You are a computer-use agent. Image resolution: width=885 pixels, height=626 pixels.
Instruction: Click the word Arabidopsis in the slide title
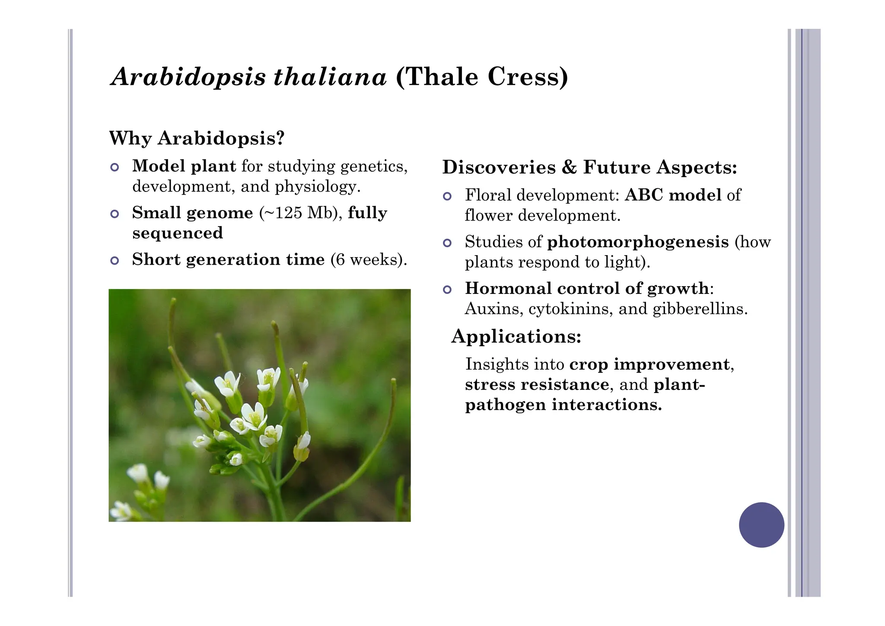coord(188,77)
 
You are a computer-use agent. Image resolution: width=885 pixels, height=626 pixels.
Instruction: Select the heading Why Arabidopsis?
coord(197,138)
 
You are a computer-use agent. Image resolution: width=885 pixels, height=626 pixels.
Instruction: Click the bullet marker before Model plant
coord(115,167)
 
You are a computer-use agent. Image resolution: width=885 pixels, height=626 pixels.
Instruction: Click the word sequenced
coord(178,233)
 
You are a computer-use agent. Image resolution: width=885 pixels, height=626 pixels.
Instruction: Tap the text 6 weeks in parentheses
coord(367,259)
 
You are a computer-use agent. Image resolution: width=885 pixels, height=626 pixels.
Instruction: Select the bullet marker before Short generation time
coord(115,260)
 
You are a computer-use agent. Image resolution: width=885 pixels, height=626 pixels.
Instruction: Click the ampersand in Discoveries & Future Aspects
coord(569,167)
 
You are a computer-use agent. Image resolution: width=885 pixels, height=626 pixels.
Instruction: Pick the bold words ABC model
coord(673,195)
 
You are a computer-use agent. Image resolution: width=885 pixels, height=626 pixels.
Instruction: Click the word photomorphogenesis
coord(638,242)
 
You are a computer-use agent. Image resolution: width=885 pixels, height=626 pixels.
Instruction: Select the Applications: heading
coord(516,336)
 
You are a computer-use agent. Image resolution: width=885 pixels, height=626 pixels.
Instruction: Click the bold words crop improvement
coord(649,364)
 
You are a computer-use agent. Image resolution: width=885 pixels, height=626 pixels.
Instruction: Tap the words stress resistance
coord(537,384)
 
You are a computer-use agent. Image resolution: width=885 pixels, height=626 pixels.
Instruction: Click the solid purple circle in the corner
coord(761,525)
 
